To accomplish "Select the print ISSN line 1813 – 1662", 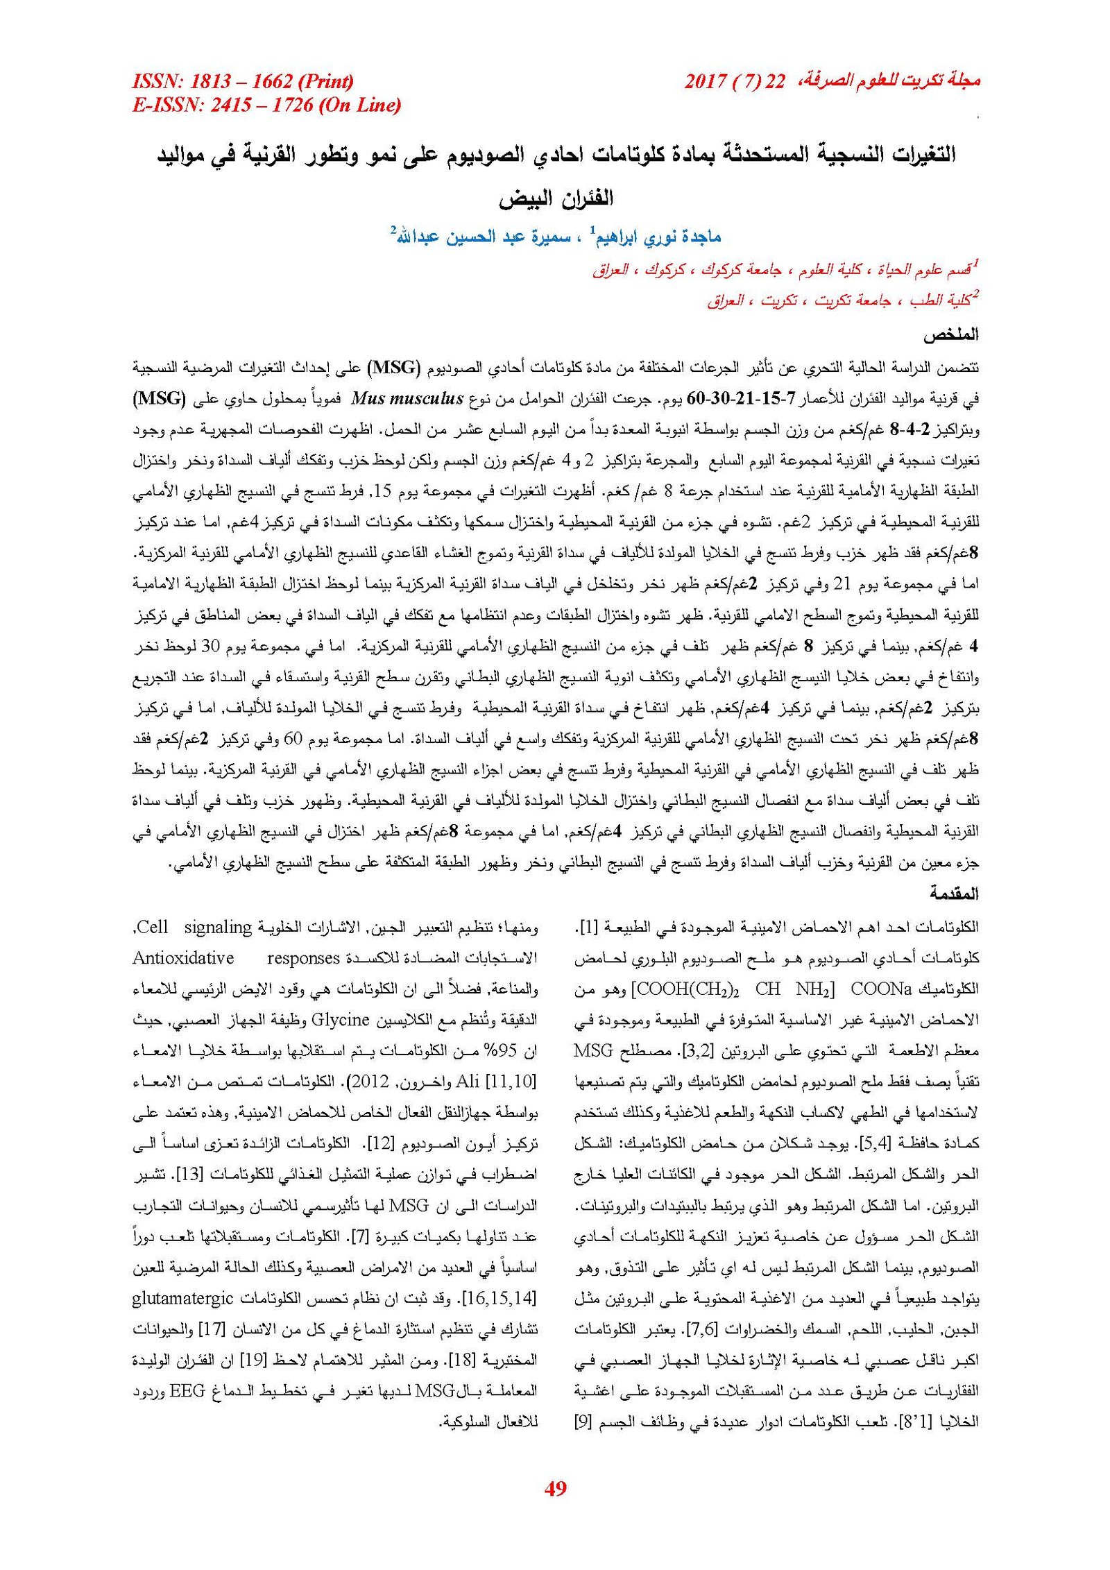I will pos(243,82).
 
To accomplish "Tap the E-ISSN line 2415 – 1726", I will pos(266,105).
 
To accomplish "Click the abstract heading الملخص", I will pos(950,334).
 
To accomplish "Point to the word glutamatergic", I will pos(182,1298).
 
